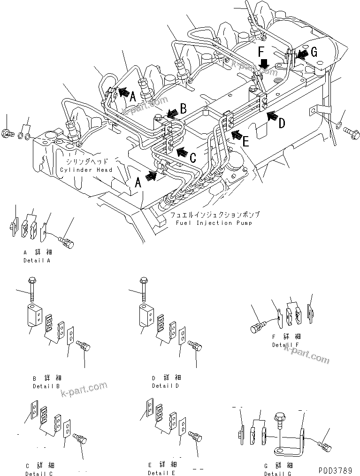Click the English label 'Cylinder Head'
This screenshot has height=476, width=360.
click(x=86, y=170)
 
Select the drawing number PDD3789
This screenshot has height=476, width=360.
click(x=337, y=470)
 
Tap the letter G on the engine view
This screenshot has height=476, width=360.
click(x=314, y=53)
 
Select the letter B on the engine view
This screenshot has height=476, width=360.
click(x=184, y=109)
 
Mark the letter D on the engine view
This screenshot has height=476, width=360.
click(x=282, y=124)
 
